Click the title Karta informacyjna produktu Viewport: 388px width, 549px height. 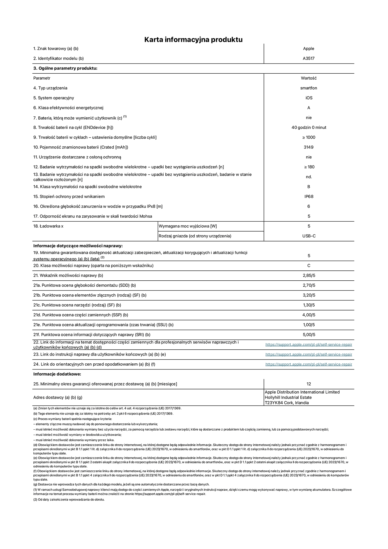[193, 39]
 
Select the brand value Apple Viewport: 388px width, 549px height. [309, 49]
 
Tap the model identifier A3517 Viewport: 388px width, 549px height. [309, 58]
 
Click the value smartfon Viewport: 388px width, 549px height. [309, 88]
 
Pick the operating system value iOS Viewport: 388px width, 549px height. [309, 98]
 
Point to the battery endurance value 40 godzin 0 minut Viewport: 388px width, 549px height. [309, 127]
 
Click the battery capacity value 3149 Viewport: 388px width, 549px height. [309, 147]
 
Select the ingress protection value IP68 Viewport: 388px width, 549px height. [309, 196]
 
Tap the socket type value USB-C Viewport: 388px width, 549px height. [309, 236]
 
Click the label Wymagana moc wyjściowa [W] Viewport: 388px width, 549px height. [188, 226]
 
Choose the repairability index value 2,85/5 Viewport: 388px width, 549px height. [309, 275]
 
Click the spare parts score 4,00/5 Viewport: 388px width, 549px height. [309, 315]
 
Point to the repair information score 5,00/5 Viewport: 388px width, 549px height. [309, 335]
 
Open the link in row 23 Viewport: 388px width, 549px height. [309, 354]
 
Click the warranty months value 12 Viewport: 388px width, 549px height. [309, 384]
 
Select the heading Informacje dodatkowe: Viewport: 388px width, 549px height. [57, 374]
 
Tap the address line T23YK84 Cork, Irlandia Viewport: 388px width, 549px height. [287, 403]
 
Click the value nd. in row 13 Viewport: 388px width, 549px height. [309, 177]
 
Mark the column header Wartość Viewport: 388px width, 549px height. [309, 78]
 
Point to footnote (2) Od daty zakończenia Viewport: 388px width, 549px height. [69, 499]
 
